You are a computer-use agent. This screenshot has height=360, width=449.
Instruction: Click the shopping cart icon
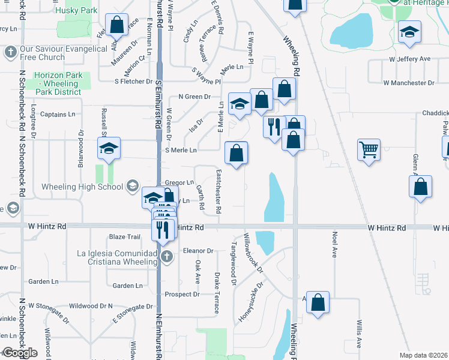pos(368,149)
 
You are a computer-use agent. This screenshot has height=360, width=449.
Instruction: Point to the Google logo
pos(19,353)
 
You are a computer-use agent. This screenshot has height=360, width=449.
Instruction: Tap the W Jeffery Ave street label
pos(410,59)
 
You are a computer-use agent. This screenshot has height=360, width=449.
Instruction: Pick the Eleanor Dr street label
pos(199,250)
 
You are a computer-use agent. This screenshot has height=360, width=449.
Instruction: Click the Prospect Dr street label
pos(182,294)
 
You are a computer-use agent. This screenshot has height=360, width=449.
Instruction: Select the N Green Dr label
pos(195,97)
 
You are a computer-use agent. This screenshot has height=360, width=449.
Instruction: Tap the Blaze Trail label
pos(124,236)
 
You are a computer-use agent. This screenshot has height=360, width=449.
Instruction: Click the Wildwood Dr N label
pos(91,306)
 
